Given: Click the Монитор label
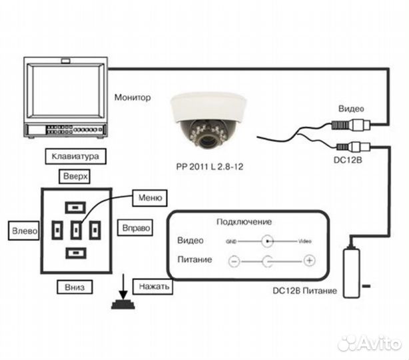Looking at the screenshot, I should tap(133, 97).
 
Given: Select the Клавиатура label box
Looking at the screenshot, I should tap(75, 157).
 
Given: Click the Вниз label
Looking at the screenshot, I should tap(75, 287).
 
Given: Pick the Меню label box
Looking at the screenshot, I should tap(149, 197).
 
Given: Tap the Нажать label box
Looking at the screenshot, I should tap(153, 287).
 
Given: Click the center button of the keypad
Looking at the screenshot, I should tap(76, 230).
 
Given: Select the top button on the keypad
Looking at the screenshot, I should tap(76, 206).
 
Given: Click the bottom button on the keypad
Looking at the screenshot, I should tap(76, 253).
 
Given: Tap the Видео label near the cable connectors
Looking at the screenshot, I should tap(351, 109).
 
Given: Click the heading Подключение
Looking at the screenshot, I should tap(244, 221).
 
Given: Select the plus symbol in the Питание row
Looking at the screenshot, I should tap(309, 261).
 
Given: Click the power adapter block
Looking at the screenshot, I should tap(352, 269).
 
